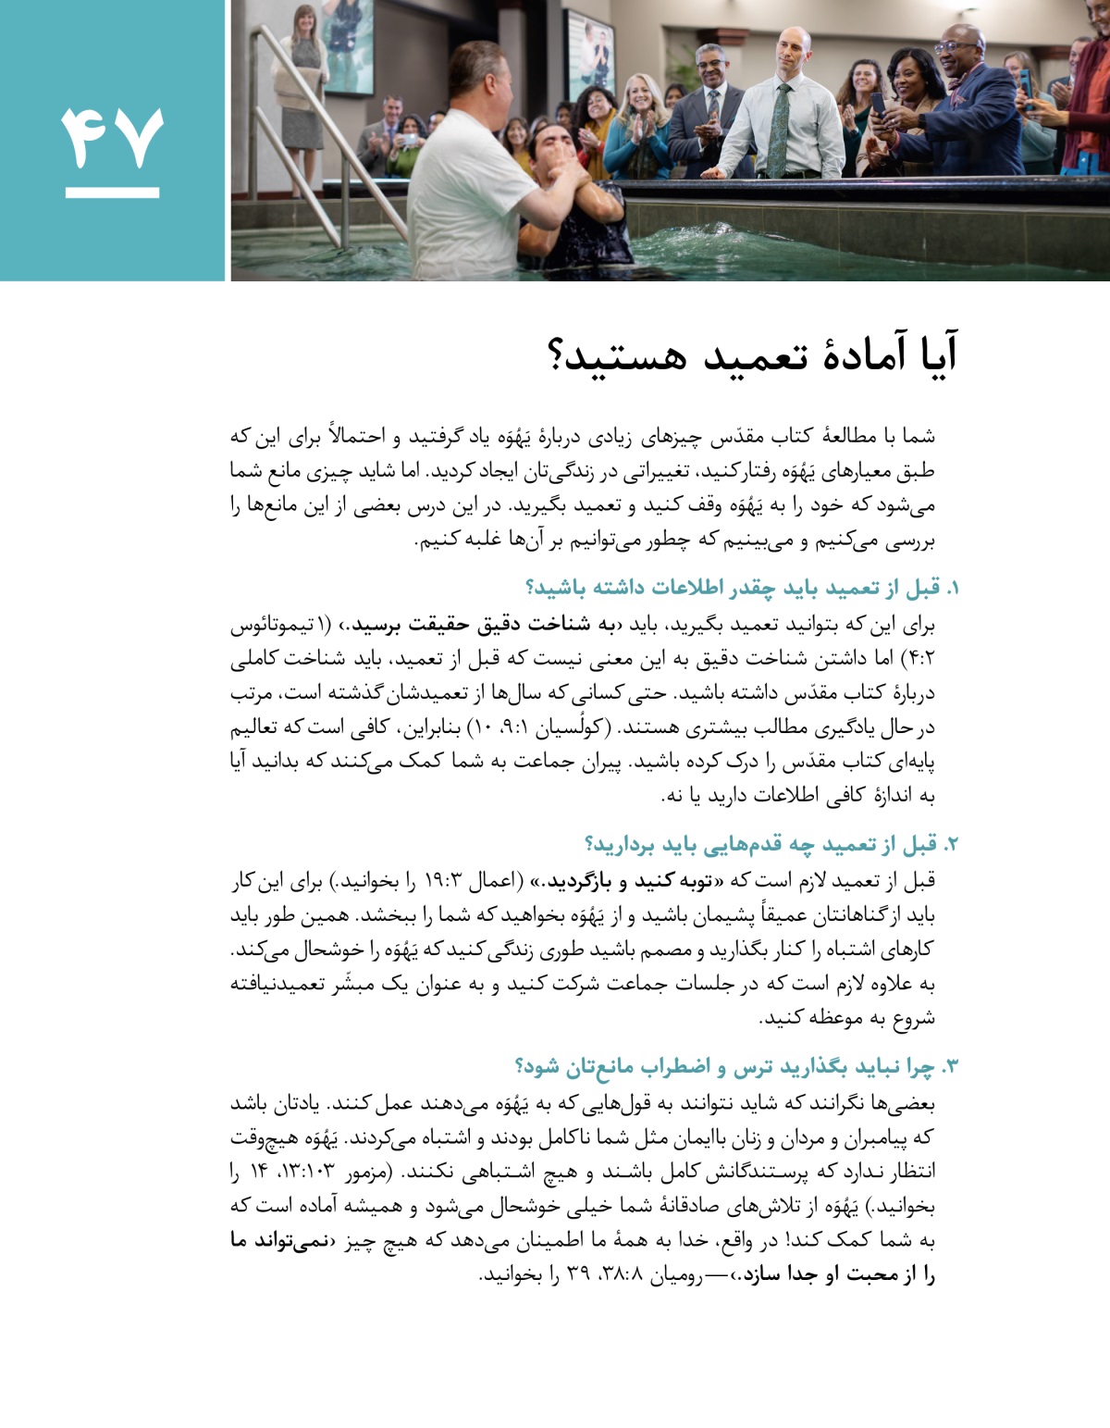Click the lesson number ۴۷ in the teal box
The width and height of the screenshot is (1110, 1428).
point(112,138)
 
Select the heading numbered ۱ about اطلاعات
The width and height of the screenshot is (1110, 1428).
point(740,589)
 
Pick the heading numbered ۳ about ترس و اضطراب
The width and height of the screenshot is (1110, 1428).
point(734,1067)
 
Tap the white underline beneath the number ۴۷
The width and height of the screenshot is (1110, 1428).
point(112,193)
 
